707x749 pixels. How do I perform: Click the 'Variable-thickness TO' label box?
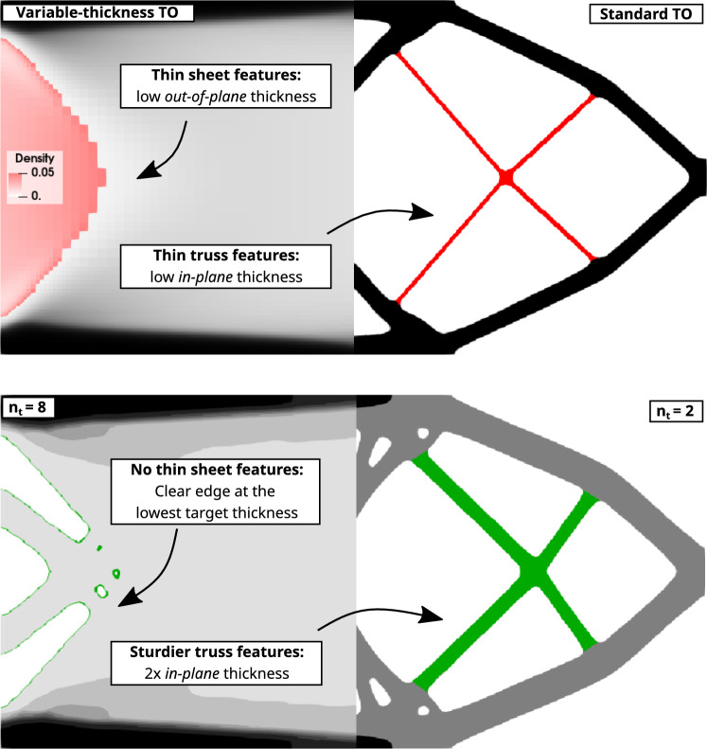coord(97,12)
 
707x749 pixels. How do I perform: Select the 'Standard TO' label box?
coord(645,14)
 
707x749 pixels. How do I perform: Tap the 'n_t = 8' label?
coord(27,407)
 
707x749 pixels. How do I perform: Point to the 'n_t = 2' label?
coord(676,411)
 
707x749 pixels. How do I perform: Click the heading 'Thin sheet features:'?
coord(226,75)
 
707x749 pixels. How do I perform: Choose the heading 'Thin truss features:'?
coord(226,256)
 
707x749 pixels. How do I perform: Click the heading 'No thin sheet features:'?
coord(217,470)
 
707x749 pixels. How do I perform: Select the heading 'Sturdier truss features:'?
coord(217,652)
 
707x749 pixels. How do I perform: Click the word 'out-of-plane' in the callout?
coord(205,97)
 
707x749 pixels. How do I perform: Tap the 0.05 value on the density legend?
coord(43,172)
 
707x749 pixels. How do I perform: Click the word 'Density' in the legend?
coord(34,158)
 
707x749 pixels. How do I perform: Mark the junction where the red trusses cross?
coord(506,177)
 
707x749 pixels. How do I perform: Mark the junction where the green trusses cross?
coord(536,570)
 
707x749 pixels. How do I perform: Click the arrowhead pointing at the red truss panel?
coord(423,211)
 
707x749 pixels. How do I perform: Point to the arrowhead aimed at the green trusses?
coord(433,615)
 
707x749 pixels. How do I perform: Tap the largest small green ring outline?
coord(100,592)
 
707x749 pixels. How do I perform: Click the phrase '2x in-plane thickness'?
coord(217,673)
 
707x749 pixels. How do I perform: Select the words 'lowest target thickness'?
coord(217,513)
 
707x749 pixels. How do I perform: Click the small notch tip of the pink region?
coord(104,177)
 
